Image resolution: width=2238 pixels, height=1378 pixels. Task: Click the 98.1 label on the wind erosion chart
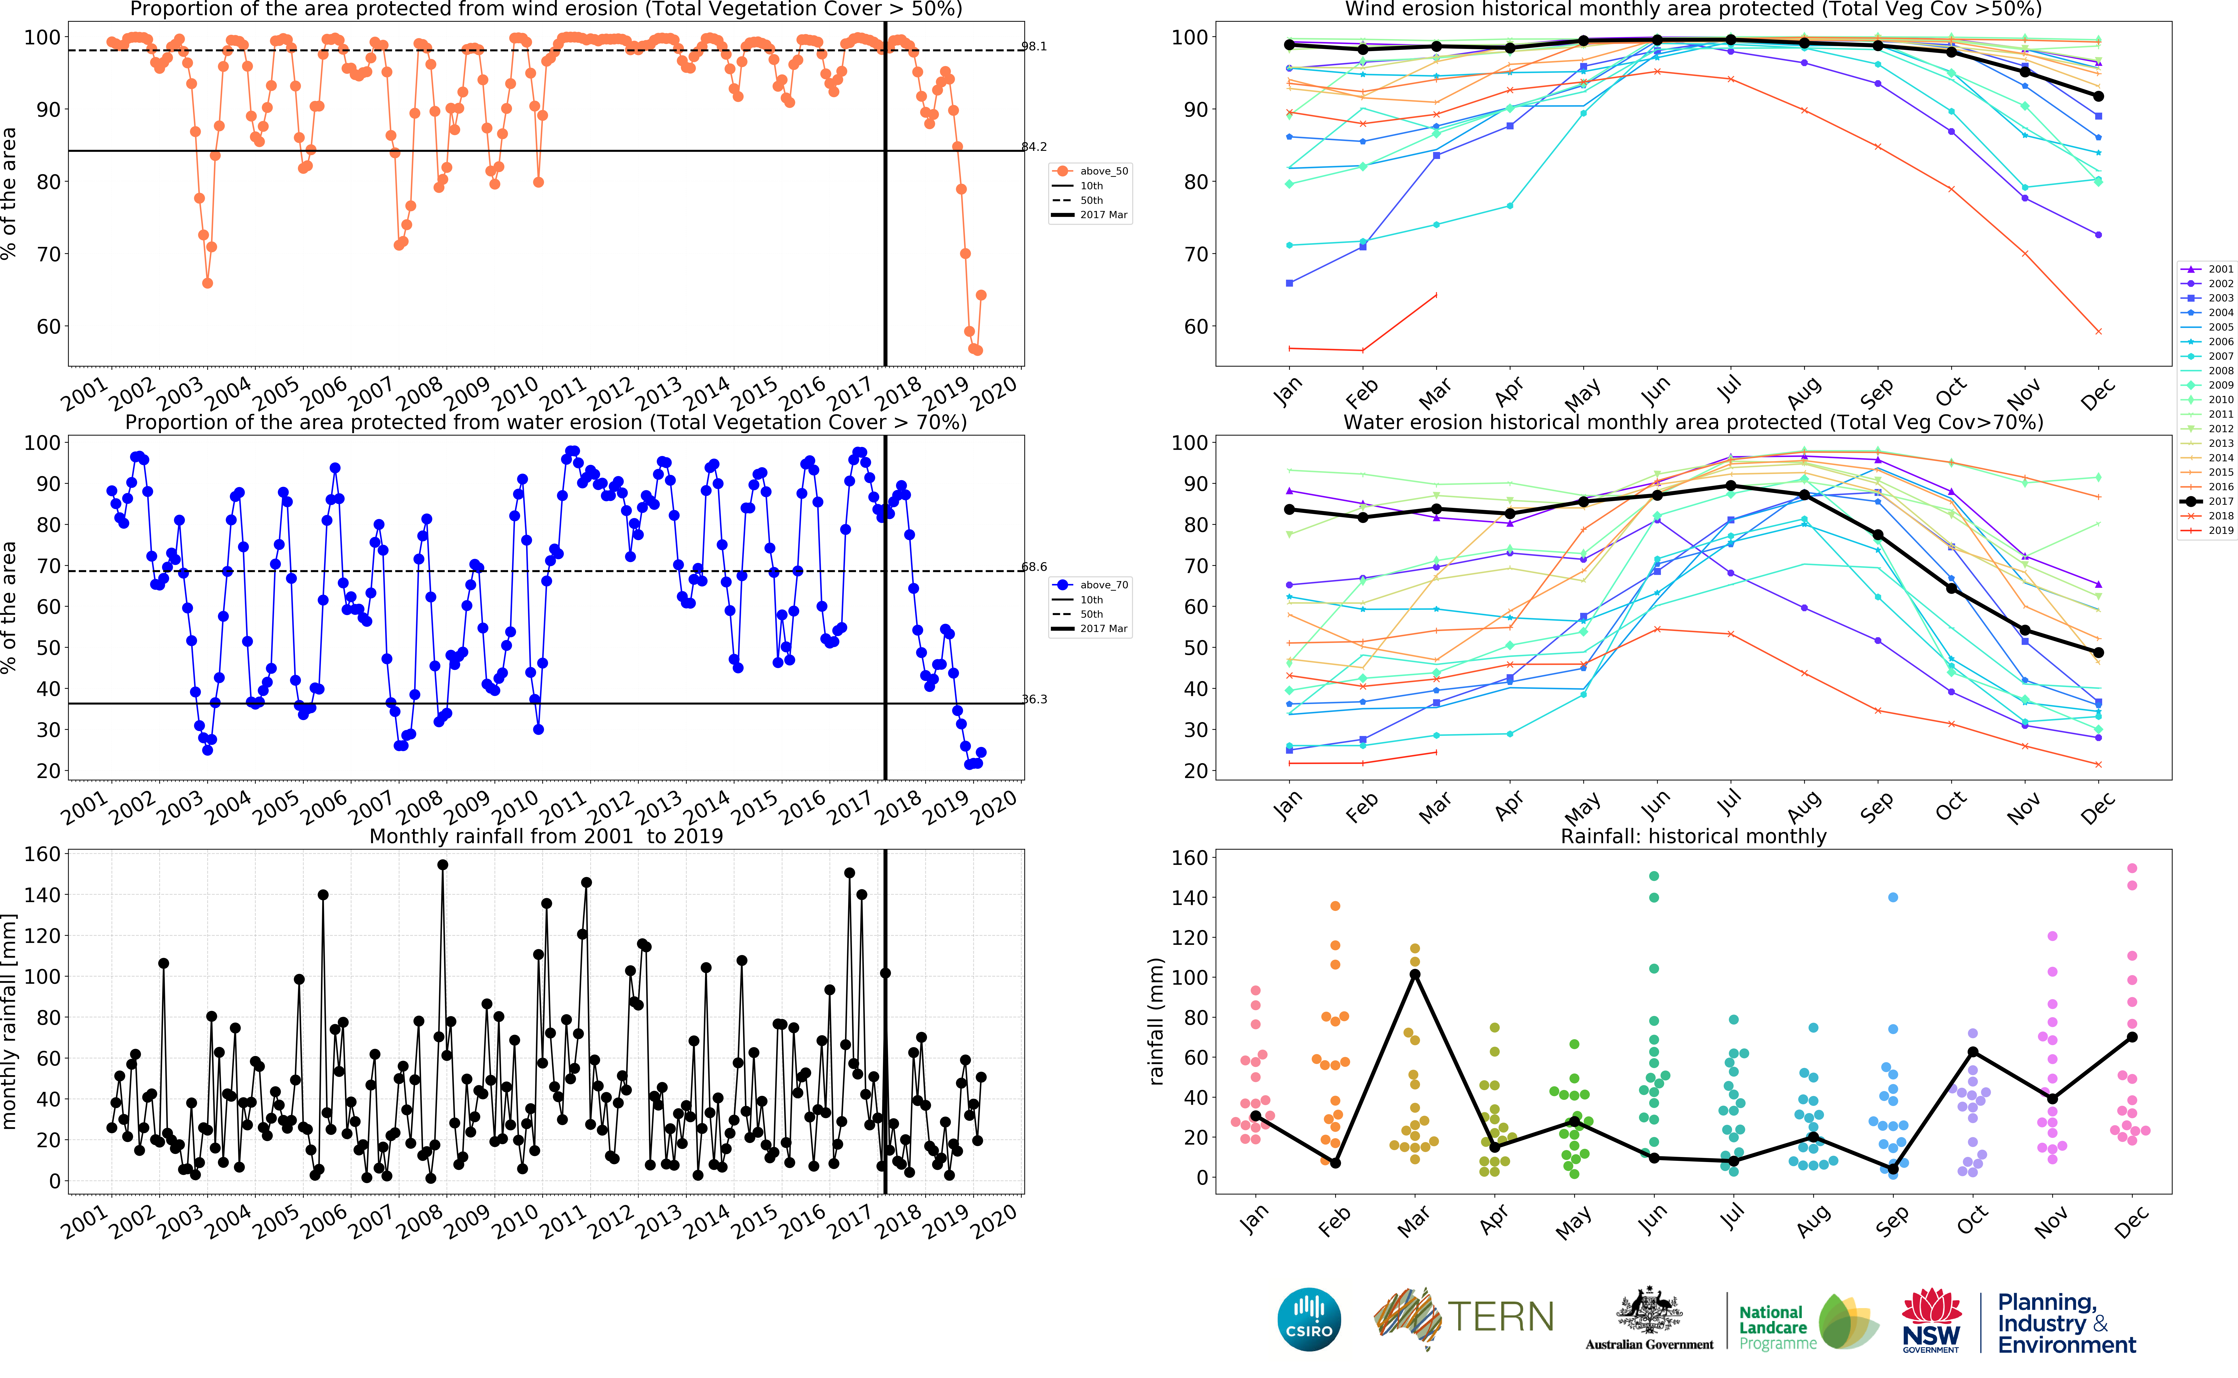click(1034, 47)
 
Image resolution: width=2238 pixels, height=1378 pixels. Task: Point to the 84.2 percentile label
click(1034, 147)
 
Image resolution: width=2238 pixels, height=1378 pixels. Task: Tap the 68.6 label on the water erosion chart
click(1034, 567)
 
